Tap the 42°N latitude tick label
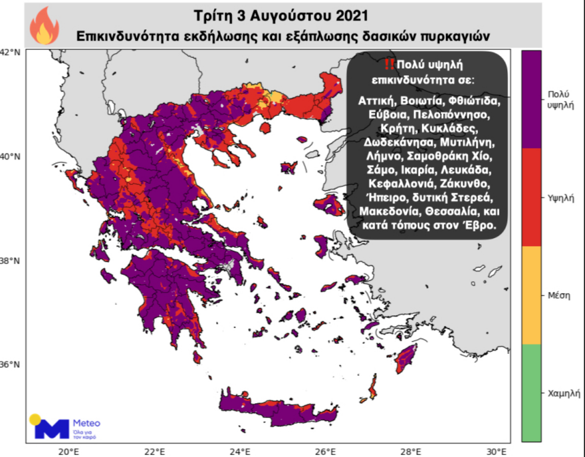[10, 52]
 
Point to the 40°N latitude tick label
[10, 157]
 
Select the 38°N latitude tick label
[10, 261]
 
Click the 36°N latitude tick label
[10, 365]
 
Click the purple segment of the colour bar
[531, 99]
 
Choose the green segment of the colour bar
[531, 392]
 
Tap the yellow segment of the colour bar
[531, 295]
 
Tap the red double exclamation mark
[389, 64]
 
